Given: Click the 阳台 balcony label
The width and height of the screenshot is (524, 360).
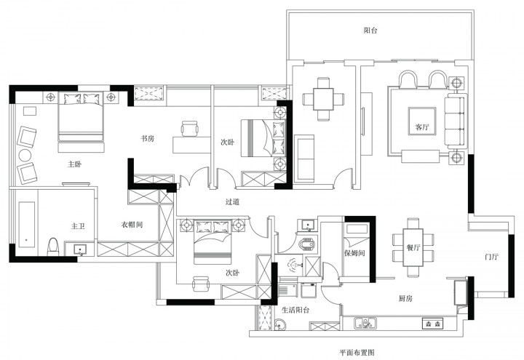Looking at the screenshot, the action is [370, 31].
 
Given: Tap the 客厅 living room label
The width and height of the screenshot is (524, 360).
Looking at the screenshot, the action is [421, 127].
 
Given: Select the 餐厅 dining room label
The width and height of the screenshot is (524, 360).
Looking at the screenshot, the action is [413, 247].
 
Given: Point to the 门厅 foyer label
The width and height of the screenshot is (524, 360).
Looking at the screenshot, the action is [491, 257].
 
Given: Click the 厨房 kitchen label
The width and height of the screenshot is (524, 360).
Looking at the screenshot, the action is [405, 298].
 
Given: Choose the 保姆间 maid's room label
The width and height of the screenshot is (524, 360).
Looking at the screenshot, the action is [354, 253].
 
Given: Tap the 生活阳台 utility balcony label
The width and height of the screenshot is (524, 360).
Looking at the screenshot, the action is [295, 310].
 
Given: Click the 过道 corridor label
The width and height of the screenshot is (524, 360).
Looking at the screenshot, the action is [233, 201].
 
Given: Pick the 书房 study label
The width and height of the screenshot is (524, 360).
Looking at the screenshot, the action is [147, 139].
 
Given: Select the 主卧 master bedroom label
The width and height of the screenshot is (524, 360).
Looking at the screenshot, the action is [74, 164].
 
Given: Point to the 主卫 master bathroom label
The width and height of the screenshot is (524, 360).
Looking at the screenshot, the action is [78, 226].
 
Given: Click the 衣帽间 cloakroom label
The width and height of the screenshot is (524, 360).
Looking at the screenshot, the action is [132, 225].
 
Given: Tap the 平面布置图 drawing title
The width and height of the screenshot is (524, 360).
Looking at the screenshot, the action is [357, 352].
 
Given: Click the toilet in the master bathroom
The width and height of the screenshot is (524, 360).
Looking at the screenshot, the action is [53, 247].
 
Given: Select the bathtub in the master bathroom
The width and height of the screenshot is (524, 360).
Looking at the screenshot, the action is [27, 224].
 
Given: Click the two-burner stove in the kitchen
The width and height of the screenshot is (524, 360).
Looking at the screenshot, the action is [433, 323].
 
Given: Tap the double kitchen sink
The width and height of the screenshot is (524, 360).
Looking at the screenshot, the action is [365, 323].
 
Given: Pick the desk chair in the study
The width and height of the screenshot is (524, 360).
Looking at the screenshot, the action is [190, 129].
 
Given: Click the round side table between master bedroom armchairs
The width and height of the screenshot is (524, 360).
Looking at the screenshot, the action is [25, 156].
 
